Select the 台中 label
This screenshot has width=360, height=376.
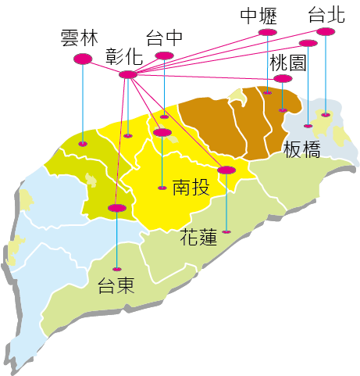(x=165, y=38)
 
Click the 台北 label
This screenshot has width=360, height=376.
(x=326, y=15)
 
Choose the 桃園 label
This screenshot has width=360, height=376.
(x=287, y=63)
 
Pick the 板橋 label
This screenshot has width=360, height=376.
(x=302, y=150)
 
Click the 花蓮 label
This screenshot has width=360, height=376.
(x=198, y=236)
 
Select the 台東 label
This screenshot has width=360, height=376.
(x=116, y=285)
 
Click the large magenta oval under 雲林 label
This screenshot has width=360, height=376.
(x=82, y=59)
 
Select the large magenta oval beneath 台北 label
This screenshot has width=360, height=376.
(x=326, y=31)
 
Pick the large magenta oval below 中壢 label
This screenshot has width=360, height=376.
(x=268, y=32)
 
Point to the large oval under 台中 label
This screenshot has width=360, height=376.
(x=164, y=56)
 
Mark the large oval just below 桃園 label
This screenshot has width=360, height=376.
(x=283, y=78)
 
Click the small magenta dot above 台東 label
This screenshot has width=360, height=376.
(x=116, y=268)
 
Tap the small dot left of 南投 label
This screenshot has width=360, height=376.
(x=162, y=188)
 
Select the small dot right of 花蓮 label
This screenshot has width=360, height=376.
(x=226, y=231)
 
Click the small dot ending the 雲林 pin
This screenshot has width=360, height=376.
(x=83, y=144)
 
